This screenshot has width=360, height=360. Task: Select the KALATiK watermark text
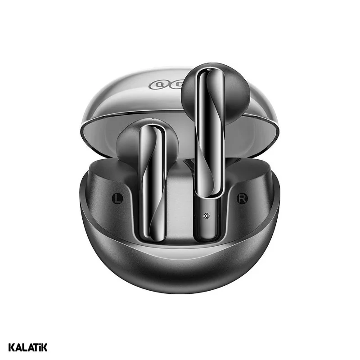click(27, 347)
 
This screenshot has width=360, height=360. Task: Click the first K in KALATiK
click(12, 347)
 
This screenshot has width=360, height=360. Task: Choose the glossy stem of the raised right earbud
click(210, 135)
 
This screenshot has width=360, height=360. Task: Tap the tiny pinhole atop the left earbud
click(153, 121)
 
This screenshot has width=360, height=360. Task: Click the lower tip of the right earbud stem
click(207, 236)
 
